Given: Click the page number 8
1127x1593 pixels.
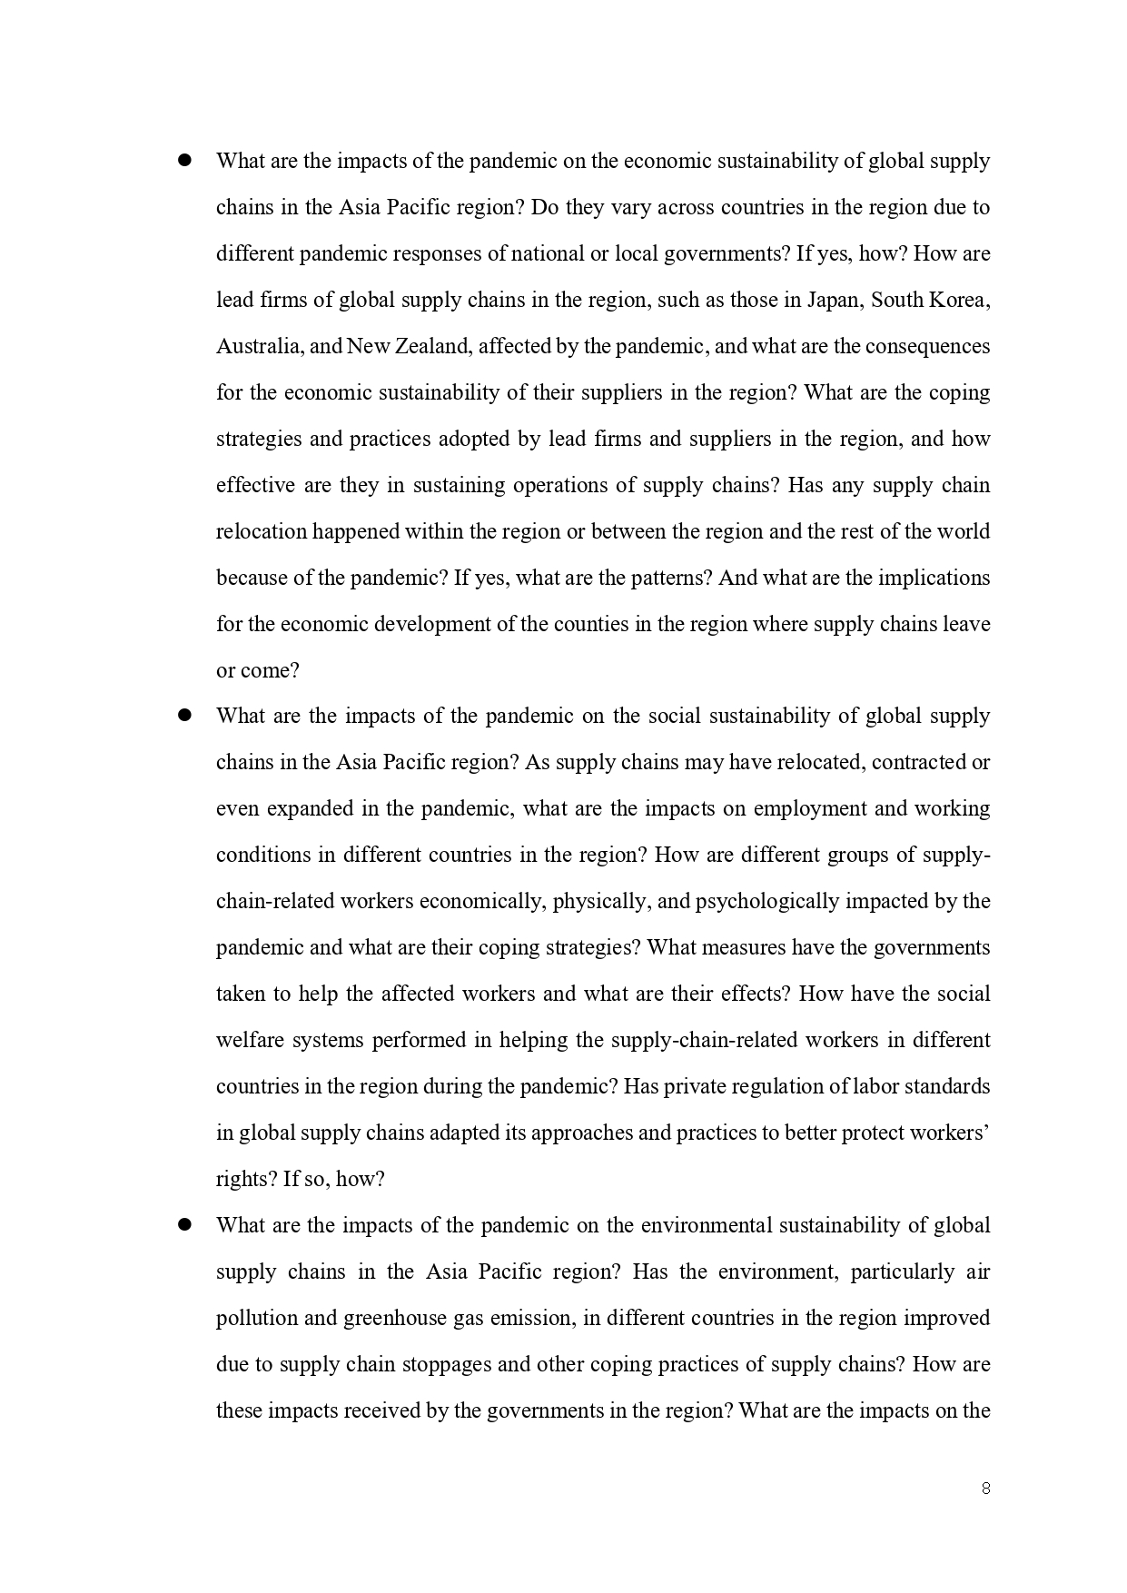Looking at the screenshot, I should pos(985,1488).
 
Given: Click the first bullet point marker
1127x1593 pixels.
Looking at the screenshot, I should pos(184,160).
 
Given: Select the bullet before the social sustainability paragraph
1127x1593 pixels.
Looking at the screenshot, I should pos(184,715).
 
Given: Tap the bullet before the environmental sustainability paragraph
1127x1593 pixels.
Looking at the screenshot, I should pos(184,1224).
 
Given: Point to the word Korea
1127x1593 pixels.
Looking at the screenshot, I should pos(959,300).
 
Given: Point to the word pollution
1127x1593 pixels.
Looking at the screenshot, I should pos(257,1318).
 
